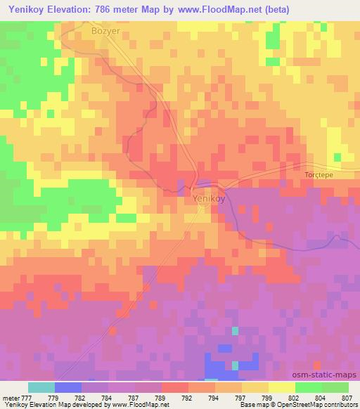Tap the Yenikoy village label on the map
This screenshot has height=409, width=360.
(209, 199)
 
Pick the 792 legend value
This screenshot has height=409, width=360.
(188, 397)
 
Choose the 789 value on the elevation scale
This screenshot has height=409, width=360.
(161, 397)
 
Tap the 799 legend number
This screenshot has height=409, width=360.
(266, 397)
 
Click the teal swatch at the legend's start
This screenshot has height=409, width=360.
(41, 387)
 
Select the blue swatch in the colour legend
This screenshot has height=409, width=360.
(68, 387)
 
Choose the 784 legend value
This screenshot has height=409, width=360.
(108, 397)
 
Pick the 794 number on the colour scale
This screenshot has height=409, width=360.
(214, 397)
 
